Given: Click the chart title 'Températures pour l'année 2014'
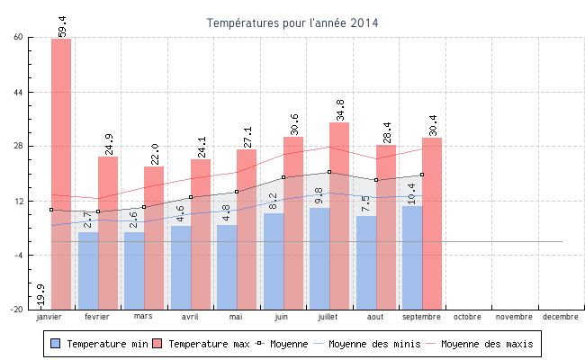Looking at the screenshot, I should (292, 22).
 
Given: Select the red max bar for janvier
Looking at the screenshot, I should (61, 171).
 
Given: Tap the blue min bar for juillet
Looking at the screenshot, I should (319, 258).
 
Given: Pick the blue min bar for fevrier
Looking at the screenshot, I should (88, 270).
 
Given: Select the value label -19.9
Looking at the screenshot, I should (40, 296).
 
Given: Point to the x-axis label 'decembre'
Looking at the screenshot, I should (560, 317).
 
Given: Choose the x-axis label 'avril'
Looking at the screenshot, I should (190, 317).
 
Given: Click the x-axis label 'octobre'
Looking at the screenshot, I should (467, 317).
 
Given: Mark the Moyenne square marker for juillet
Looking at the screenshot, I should (329, 172).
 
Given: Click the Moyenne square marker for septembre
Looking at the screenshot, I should (422, 175).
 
